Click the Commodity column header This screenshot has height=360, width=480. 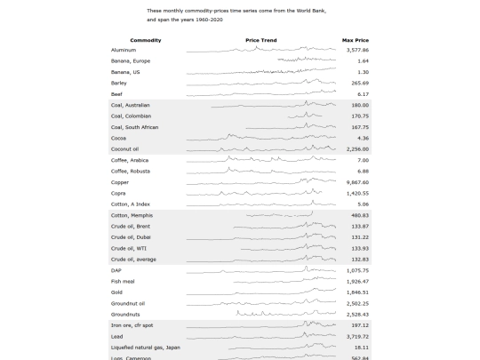(x=146, y=40)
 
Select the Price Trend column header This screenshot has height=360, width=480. (x=261, y=40)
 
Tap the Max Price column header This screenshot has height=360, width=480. (x=356, y=40)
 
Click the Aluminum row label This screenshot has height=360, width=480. (x=124, y=50)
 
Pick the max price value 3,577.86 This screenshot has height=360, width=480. (x=357, y=50)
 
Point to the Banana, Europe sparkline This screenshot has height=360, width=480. (x=307, y=60)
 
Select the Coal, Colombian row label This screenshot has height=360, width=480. (x=131, y=116)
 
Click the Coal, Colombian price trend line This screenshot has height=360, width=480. (x=305, y=116)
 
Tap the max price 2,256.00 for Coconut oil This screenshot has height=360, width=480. (x=357, y=149)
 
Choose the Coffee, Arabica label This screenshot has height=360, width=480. (x=130, y=160)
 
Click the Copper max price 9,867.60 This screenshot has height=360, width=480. (x=357, y=182)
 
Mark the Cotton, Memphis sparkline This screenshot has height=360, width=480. (x=279, y=214)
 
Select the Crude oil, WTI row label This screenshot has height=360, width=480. (x=129, y=248)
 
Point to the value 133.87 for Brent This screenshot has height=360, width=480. (x=360, y=227)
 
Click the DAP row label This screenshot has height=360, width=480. (x=116, y=270)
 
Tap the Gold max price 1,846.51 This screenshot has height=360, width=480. (x=357, y=292)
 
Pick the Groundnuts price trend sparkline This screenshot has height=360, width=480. (x=286, y=313)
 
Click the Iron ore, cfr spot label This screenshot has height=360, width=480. (x=132, y=325)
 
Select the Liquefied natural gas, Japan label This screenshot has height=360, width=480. (x=146, y=348)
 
